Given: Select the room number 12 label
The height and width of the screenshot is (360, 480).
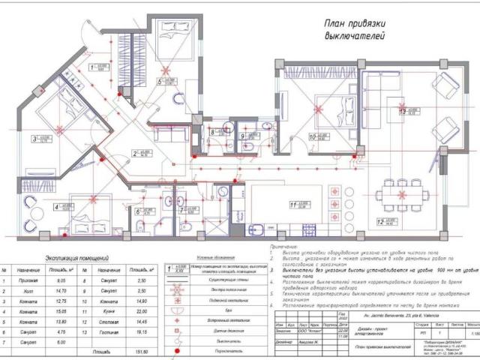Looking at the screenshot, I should (382, 221).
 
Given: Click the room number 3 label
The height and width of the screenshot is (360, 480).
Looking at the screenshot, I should (35, 138).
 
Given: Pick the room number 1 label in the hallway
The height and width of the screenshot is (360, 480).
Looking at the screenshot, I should (92, 67).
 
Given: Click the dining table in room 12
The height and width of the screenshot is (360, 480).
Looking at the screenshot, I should (406, 194).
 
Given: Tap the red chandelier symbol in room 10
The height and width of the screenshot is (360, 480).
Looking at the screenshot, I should (320, 109).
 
